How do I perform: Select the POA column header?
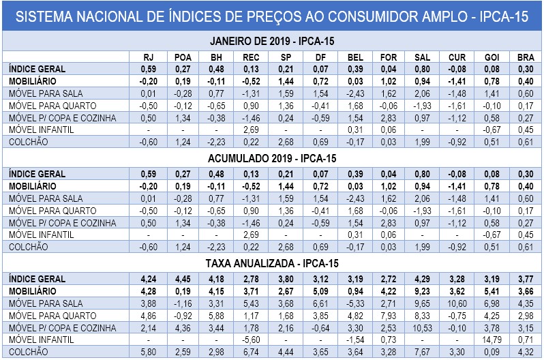183,57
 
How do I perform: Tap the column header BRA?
524,57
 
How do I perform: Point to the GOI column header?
491,57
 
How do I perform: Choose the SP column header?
285,57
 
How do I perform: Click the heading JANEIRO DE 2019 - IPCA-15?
272,41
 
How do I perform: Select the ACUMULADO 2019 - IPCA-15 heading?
272,158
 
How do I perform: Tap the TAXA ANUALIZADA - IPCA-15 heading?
272,262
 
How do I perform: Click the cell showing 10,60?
456,303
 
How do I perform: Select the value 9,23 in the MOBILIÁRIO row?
422,291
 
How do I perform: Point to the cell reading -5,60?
251,339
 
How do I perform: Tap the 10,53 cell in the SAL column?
422,327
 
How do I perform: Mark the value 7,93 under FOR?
388,315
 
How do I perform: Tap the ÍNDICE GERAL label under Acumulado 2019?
37,174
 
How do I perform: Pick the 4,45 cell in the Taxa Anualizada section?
183,279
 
